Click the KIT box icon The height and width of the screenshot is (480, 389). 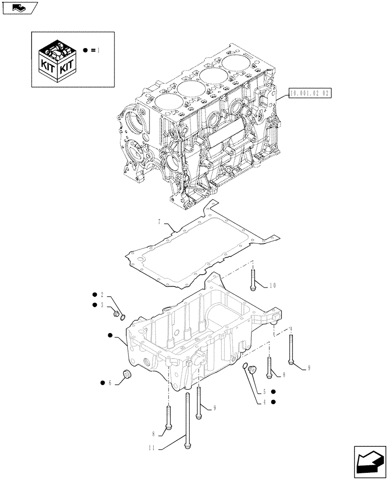tap(57, 60)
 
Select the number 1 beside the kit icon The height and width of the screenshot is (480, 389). tap(98, 50)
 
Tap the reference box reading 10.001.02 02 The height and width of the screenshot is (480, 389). tap(311, 94)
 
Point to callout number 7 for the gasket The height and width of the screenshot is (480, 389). tap(159, 222)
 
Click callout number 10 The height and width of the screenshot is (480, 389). tap(272, 286)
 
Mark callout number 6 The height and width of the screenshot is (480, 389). tap(110, 383)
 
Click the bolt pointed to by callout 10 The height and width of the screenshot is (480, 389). tap(252, 279)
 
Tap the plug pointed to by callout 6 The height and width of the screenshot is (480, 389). tap(127, 374)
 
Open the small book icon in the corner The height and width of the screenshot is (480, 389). tap(19, 8)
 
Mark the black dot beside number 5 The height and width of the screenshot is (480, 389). tap(273, 391)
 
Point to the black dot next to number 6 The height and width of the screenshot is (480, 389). tap(103, 383)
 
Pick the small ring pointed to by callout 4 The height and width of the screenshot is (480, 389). tap(246, 367)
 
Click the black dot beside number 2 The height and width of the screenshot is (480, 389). tap(94, 294)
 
